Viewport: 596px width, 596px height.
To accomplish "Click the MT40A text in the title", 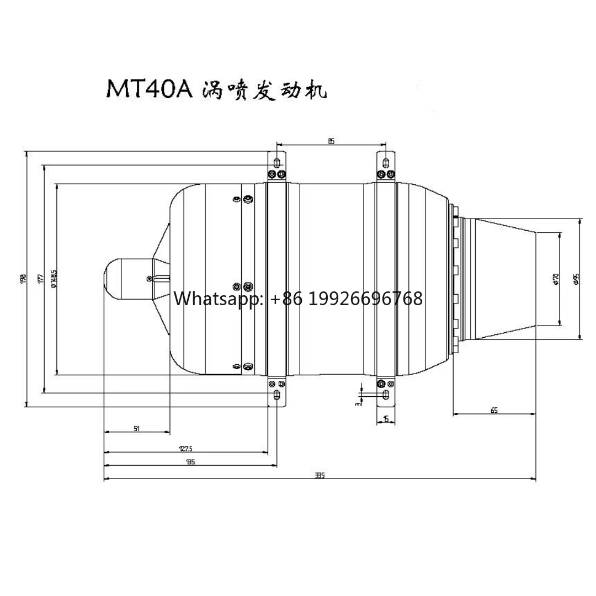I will [x=149, y=89].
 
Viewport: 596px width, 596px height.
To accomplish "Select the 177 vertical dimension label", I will [x=41, y=279].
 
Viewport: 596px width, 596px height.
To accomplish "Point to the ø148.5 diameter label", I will [x=54, y=279].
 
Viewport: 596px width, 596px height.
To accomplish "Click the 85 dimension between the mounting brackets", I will [x=331, y=141].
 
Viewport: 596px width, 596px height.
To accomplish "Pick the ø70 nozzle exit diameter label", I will [x=556, y=279].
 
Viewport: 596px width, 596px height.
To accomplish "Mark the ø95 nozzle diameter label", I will [x=576, y=279].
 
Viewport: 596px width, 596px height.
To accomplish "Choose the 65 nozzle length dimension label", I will [x=493, y=410].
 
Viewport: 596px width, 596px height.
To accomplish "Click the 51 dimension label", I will [x=136, y=428].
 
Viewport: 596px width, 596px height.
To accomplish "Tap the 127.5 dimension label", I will [x=186, y=449].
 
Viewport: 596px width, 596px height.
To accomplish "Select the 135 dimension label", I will [x=190, y=462].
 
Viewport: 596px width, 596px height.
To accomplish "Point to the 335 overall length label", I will [x=320, y=476].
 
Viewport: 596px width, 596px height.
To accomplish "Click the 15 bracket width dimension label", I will [x=386, y=419].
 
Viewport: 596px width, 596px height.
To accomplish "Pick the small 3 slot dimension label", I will [x=358, y=403].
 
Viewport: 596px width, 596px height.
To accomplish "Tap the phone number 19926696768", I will [x=365, y=299].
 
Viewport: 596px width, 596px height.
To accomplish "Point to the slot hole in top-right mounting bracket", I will [x=385, y=162].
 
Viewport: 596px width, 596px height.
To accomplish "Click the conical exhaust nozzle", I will [x=505, y=279].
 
